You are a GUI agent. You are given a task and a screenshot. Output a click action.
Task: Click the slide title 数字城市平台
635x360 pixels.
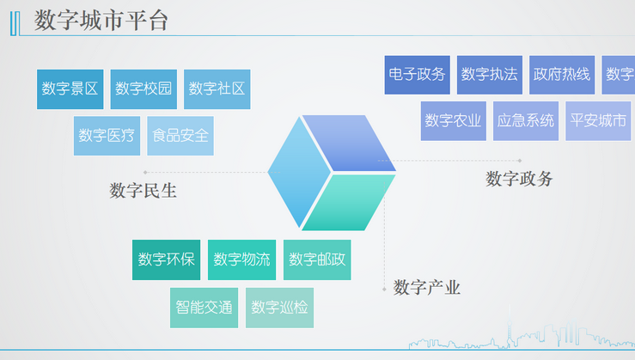tap(101, 21)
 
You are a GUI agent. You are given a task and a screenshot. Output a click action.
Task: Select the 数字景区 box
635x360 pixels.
tap(70, 88)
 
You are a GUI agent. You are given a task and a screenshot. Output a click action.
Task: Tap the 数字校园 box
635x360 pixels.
tap(143, 88)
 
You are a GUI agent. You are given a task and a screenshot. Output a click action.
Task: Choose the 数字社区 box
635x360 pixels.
tap(217, 88)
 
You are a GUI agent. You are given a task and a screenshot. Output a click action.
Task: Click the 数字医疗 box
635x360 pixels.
tap(107, 136)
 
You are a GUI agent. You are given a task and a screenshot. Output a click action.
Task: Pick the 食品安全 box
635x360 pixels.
tap(180, 136)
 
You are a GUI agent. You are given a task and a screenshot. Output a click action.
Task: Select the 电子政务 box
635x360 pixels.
tap(417, 75)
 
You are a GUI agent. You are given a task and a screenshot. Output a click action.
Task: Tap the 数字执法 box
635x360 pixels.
tap(490, 75)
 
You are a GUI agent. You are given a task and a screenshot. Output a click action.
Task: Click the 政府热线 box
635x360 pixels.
tap(562, 75)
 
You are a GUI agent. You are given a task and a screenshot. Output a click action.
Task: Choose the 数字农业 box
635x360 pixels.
tap(454, 121)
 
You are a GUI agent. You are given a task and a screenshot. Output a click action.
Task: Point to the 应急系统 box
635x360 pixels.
tap(526, 121)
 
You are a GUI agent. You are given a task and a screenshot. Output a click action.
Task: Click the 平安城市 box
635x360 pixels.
tap(598, 121)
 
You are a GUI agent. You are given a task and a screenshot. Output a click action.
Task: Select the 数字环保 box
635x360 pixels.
tap(167, 259)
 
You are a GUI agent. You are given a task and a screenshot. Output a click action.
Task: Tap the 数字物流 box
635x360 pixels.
tap(241, 259)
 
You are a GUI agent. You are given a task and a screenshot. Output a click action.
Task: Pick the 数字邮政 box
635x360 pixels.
tap(317, 259)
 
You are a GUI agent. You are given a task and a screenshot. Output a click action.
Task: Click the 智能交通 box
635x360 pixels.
tap(204, 307)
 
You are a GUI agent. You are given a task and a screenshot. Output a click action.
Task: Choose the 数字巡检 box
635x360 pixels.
tap(279, 307)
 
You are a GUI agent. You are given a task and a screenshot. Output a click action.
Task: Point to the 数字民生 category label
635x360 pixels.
tap(143, 191)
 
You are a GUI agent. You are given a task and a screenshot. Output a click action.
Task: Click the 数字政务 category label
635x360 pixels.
tap(519, 179)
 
